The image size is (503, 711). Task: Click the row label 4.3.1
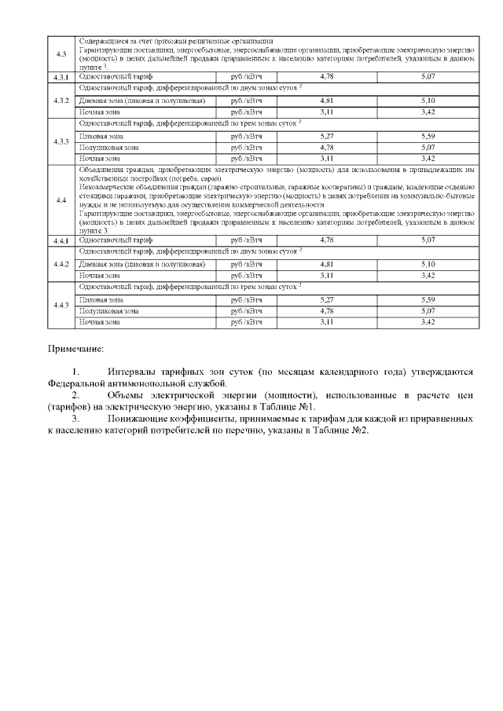[61, 77]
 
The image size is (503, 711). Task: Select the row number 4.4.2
[61, 263]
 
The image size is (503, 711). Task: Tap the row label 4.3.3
[61, 141]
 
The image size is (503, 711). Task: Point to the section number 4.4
[61, 200]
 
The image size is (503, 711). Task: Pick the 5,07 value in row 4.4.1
[428, 240]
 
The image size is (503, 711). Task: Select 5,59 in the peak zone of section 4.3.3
[428, 136]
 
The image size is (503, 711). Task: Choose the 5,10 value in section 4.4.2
[428, 264]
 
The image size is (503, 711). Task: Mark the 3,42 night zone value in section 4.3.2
[428, 112]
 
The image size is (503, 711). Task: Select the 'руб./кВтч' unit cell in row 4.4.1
[246, 240]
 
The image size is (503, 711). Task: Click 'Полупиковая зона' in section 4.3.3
[110, 147]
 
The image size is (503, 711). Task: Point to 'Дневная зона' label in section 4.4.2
[102, 264]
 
